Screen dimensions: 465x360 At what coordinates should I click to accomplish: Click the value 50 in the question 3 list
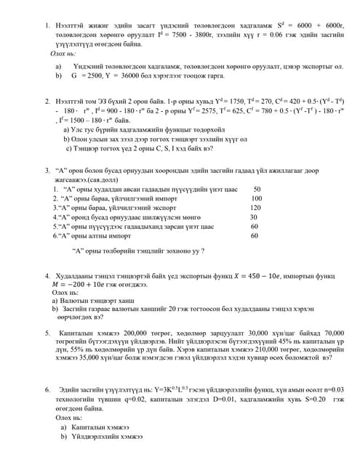point(257,189)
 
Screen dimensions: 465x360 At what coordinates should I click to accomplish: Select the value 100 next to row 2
point(256,198)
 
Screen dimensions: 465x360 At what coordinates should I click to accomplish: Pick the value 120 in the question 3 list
point(255,208)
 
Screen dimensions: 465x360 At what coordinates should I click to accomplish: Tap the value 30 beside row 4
point(253,217)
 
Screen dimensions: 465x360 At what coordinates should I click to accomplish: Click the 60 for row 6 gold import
point(254,236)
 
